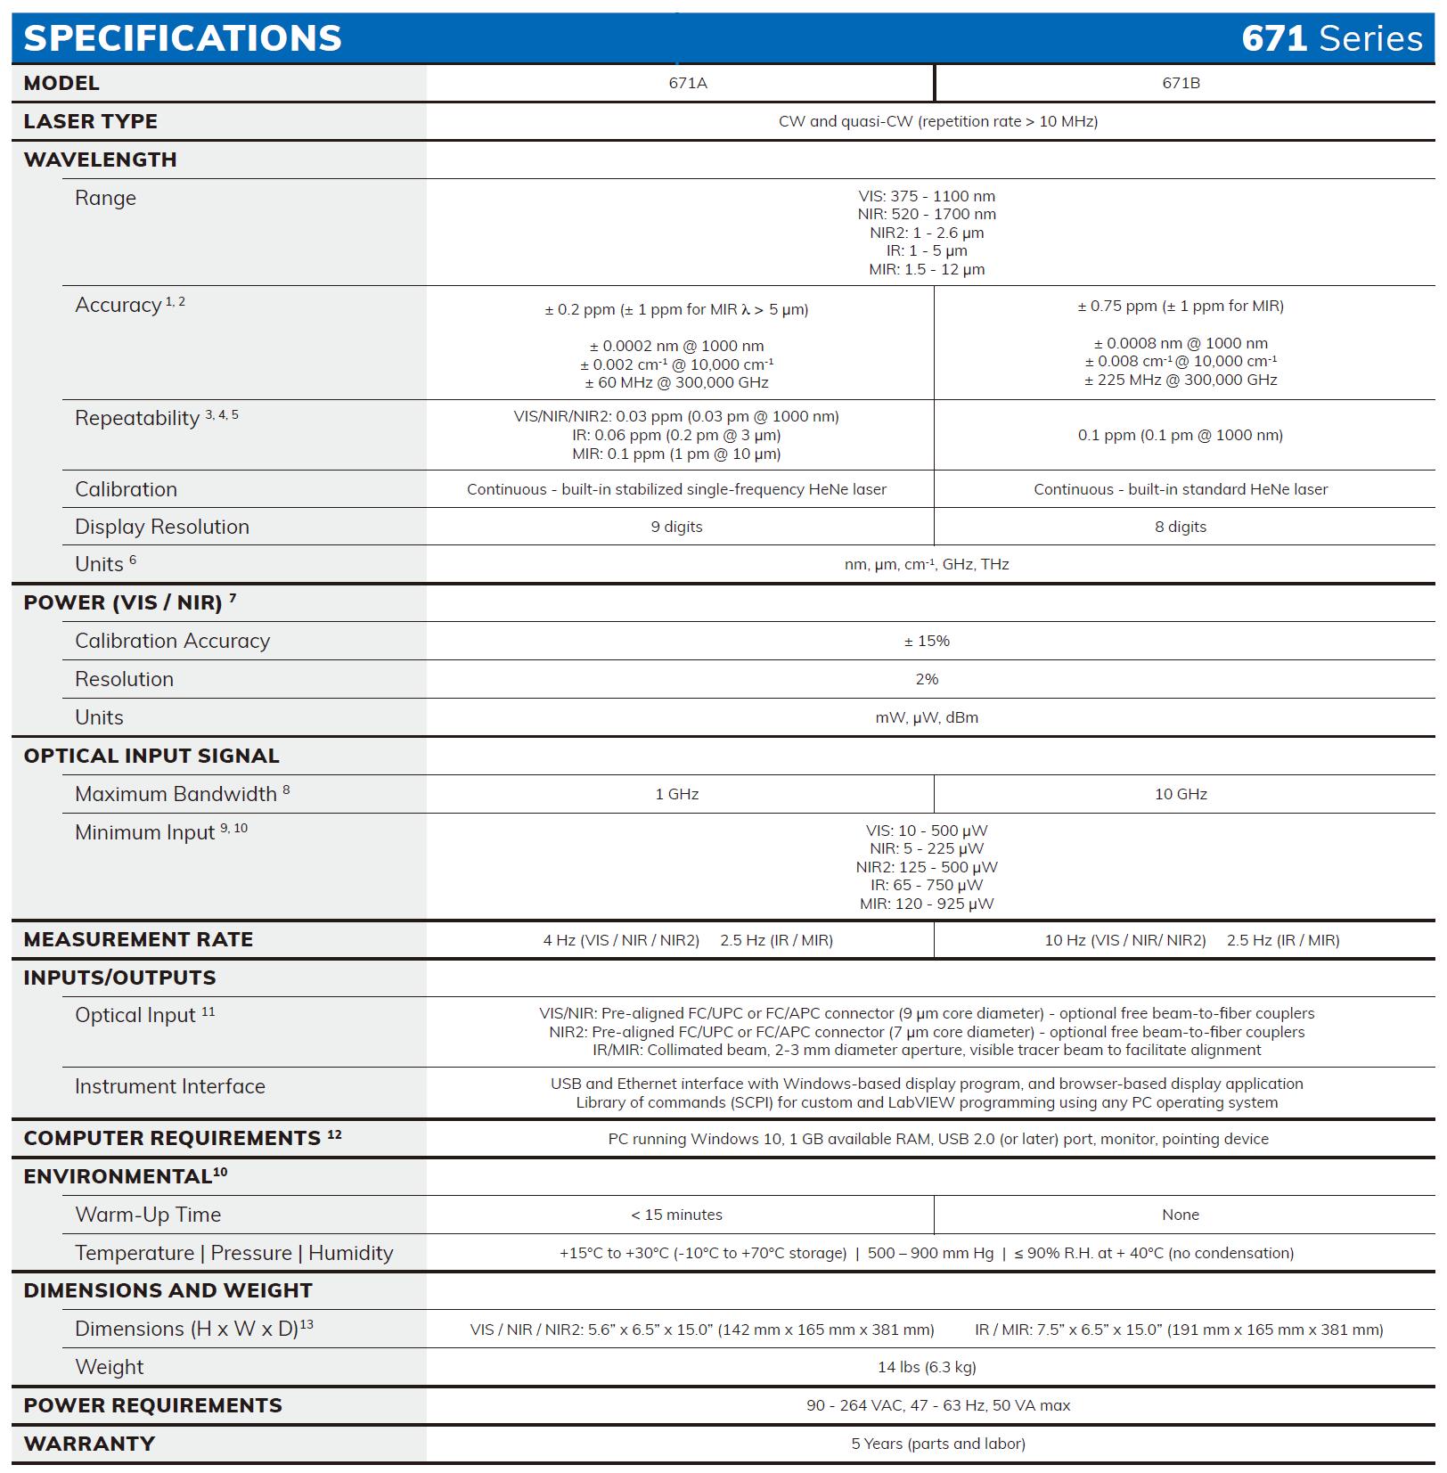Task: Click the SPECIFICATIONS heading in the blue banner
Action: pyautogui.click(x=183, y=38)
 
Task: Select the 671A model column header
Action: pyautogui.click(x=687, y=83)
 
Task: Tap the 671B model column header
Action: pyautogui.click(x=1181, y=83)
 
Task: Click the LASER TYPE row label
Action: pyautogui.click(x=91, y=121)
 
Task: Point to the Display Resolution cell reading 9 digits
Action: pyautogui.click(x=676, y=527)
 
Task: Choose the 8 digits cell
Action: pyautogui.click(x=1181, y=527)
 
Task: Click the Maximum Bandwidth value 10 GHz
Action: pyautogui.click(x=1181, y=794)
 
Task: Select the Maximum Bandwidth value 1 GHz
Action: pyautogui.click(x=676, y=794)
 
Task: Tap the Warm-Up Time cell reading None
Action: pyautogui.click(x=1181, y=1215)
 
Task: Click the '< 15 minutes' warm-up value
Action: pyautogui.click(x=676, y=1215)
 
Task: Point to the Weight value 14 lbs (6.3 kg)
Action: pyautogui.click(x=927, y=1367)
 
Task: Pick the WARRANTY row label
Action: pyautogui.click(x=89, y=1444)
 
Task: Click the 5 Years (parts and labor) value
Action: pyautogui.click(x=937, y=1444)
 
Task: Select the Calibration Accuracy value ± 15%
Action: pyautogui.click(x=927, y=641)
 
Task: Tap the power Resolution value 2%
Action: pyautogui.click(x=927, y=679)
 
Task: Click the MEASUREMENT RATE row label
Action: pyautogui.click(x=138, y=939)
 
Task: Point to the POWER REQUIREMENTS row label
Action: pyautogui.click(x=152, y=1405)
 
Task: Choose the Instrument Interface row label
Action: pyautogui.click(x=170, y=1086)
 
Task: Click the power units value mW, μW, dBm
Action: pyautogui.click(x=927, y=717)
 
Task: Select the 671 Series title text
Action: pyautogui.click(x=1331, y=38)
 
